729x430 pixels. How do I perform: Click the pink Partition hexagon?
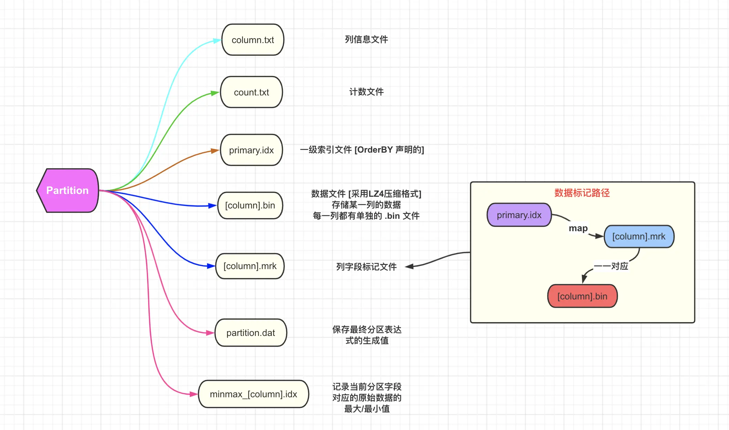[x=68, y=191]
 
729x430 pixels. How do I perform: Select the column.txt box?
[x=253, y=40]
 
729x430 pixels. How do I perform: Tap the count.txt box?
[x=251, y=92]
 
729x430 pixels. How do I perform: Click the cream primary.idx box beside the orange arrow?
[x=251, y=150]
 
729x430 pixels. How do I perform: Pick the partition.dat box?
[x=251, y=333]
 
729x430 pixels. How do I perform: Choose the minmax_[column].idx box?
[x=254, y=394]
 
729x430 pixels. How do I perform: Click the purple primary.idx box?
[x=519, y=215]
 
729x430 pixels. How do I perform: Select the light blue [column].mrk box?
[x=639, y=237]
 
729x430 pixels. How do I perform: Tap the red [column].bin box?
[x=583, y=296]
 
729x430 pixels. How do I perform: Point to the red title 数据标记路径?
[x=582, y=193]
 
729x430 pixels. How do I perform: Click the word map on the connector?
[x=578, y=228]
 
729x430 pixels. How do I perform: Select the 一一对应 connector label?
[x=611, y=266]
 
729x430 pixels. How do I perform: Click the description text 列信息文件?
[x=367, y=40]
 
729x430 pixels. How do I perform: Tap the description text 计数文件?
[x=367, y=92]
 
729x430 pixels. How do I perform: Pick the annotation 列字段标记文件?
[x=367, y=267]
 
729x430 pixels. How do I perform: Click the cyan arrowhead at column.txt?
[x=217, y=41]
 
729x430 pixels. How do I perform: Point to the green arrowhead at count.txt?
[x=215, y=93]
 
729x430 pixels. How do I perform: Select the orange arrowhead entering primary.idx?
[x=215, y=151]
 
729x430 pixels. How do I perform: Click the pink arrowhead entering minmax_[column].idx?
[x=194, y=394]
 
